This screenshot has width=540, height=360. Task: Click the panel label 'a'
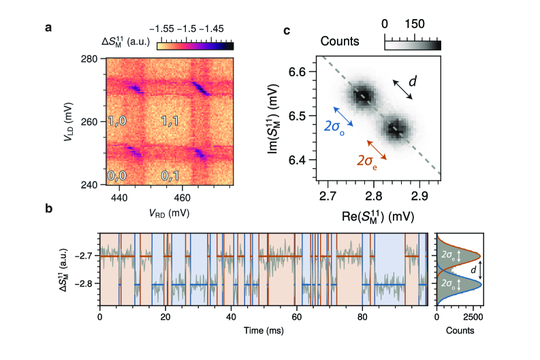point(48,28)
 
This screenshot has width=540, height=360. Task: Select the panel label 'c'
point(287,31)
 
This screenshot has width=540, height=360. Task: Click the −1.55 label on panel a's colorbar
point(170,29)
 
